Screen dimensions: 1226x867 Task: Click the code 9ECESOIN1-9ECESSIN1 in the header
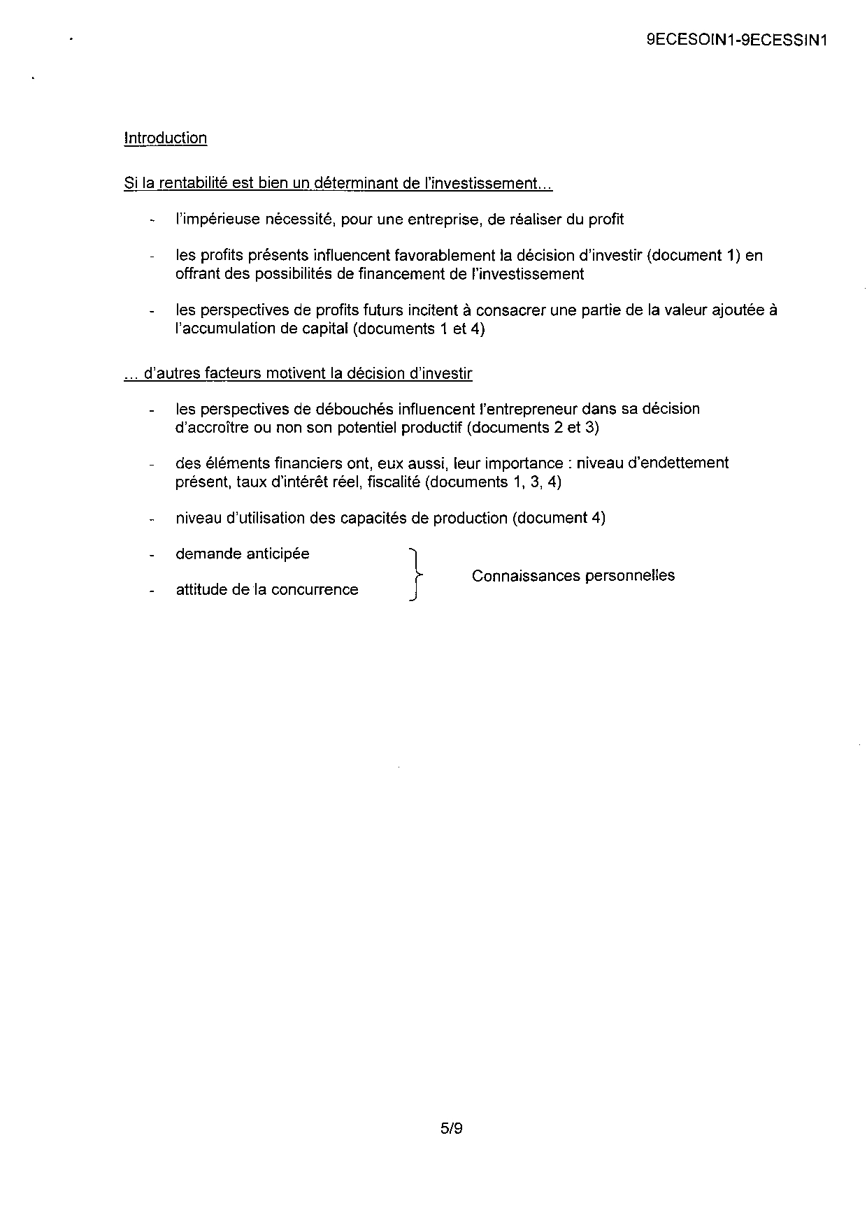[x=737, y=41]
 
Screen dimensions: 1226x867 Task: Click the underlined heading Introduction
[x=165, y=138]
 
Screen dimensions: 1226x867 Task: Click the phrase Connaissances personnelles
[x=573, y=575]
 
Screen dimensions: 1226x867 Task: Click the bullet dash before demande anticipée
[x=151, y=555]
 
